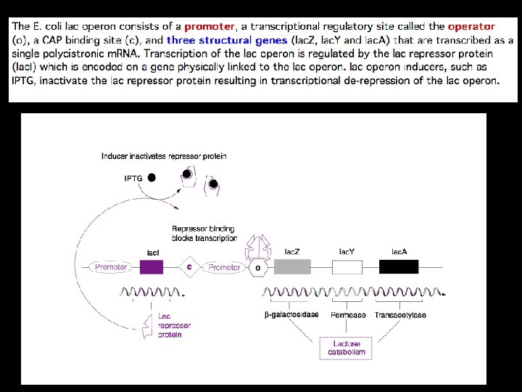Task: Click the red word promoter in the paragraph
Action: pos(210,27)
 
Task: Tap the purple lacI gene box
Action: pos(152,267)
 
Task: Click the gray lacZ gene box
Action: pos(291,267)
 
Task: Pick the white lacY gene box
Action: pos(347,267)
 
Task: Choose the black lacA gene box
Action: pos(399,267)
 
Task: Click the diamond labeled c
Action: pos(189,267)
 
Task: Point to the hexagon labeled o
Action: pos(258,268)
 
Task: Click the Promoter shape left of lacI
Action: pos(111,267)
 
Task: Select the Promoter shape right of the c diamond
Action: pos(224,268)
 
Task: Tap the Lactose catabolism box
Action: pos(345,348)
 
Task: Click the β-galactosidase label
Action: pos(291,315)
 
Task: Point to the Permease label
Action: pos(348,315)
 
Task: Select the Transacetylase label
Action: pos(400,315)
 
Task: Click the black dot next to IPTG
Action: pos(152,178)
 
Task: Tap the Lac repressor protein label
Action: pos(171,326)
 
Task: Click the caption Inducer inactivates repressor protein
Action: pos(164,156)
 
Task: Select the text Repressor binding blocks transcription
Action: pos(204,233)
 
